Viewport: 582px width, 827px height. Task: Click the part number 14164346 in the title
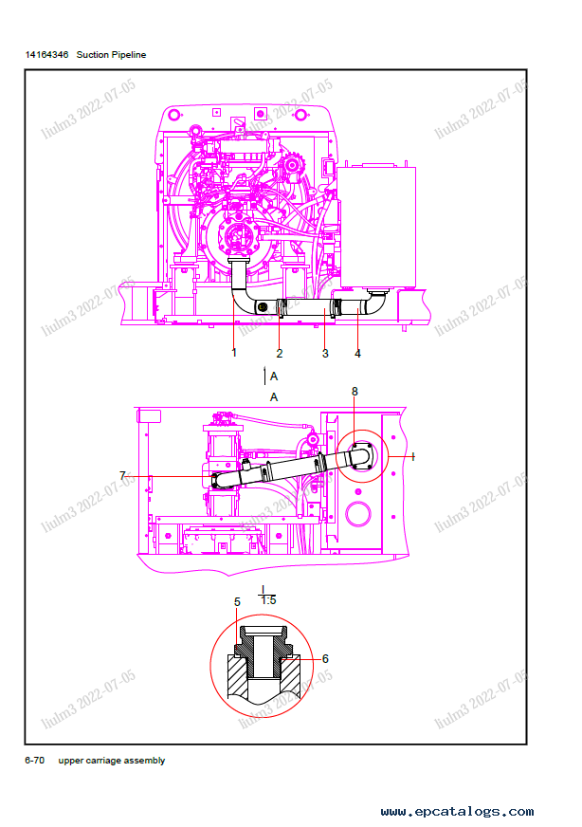46,55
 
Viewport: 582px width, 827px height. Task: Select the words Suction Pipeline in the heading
111,55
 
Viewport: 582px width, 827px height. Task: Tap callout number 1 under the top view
234,353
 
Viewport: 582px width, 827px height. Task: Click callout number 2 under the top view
280,354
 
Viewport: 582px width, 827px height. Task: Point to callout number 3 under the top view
325,354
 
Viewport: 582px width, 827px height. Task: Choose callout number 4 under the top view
357,354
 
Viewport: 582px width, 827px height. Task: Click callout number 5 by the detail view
237,602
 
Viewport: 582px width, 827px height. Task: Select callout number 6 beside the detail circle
325,659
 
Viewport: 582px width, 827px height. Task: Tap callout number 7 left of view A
122,476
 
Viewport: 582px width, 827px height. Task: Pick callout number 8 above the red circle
355,392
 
